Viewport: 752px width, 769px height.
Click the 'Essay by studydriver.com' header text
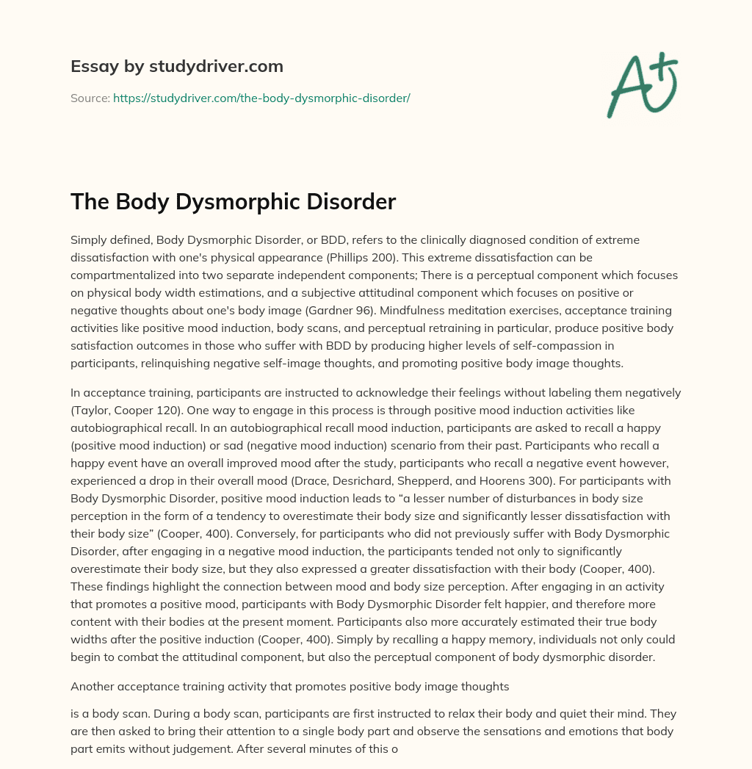click(x=176, y=67)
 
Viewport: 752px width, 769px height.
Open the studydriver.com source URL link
click(x=261, y=98)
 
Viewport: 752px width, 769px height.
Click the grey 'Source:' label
click(x=90, y=98)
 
